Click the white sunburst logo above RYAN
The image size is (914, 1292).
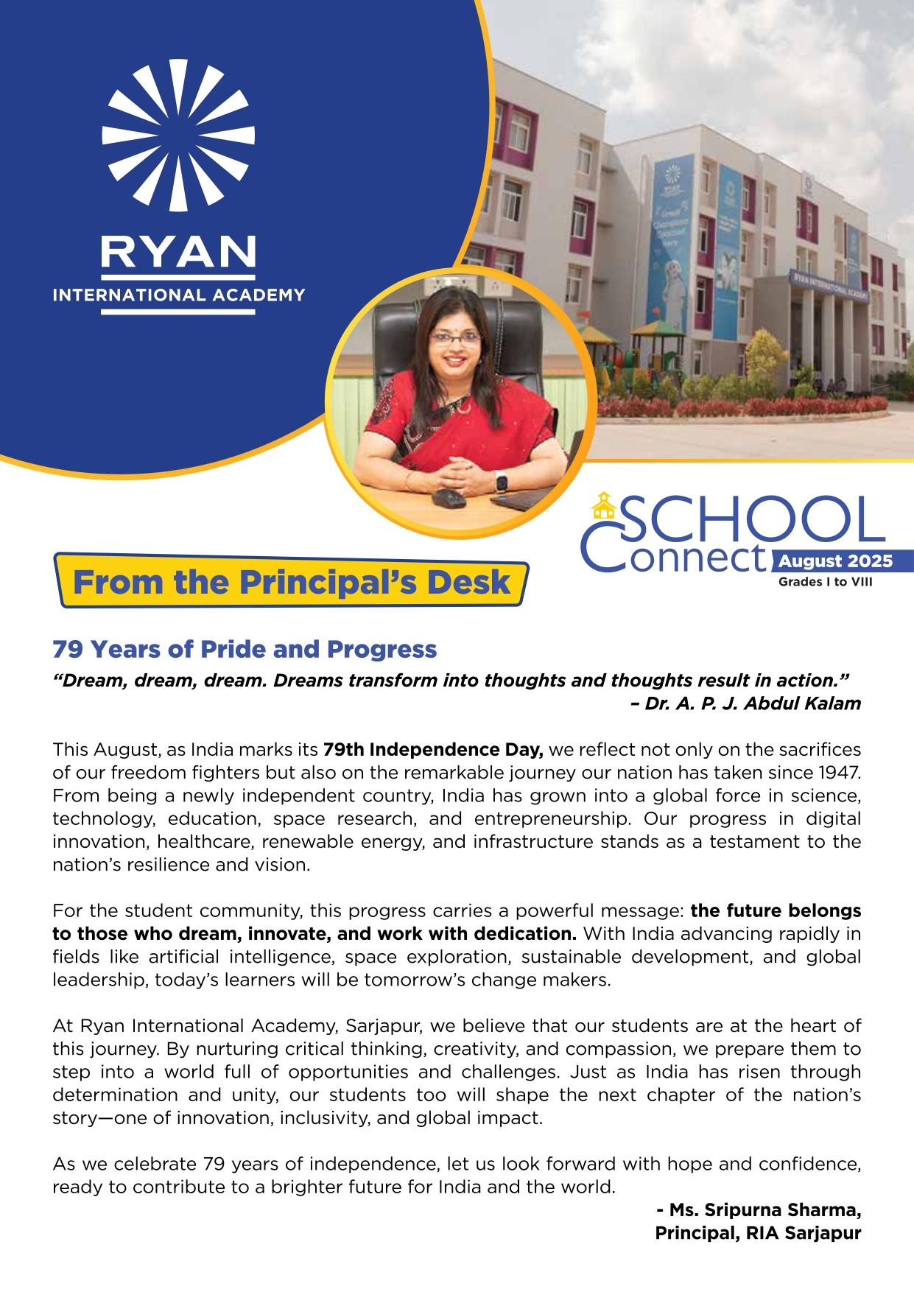[x=178, y=136]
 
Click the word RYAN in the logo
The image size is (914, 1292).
[x=178, y=253]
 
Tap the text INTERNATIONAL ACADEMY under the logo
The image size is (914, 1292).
[x=178, y=295]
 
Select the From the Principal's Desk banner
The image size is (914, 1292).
[x=292, y=582]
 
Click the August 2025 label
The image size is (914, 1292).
[x=835, y=561]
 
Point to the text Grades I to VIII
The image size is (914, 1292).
[x=825, y=582]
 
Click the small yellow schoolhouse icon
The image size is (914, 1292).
[x=604, y=505]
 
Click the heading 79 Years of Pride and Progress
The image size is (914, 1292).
[x=245, y=649]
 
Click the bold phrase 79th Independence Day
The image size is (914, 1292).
[x=433, y=750]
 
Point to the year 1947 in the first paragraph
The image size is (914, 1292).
[x=840, y=773]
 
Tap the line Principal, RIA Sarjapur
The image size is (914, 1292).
[x=758, y=1233]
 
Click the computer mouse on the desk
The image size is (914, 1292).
[x=449, y=499]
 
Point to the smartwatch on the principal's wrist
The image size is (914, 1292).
[x=501, y=481]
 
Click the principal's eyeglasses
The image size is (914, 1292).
[x=454, y=338]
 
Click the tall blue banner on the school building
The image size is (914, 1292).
[x=672, y=236]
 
